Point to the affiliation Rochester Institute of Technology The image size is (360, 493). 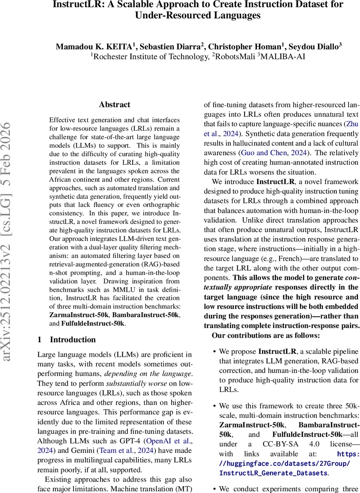pyautogui.click(x=150, y=57)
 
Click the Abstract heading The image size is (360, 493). pyautogui.click(x=115, y=104)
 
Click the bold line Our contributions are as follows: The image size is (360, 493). pyautogui.click(x=266, y=336)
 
